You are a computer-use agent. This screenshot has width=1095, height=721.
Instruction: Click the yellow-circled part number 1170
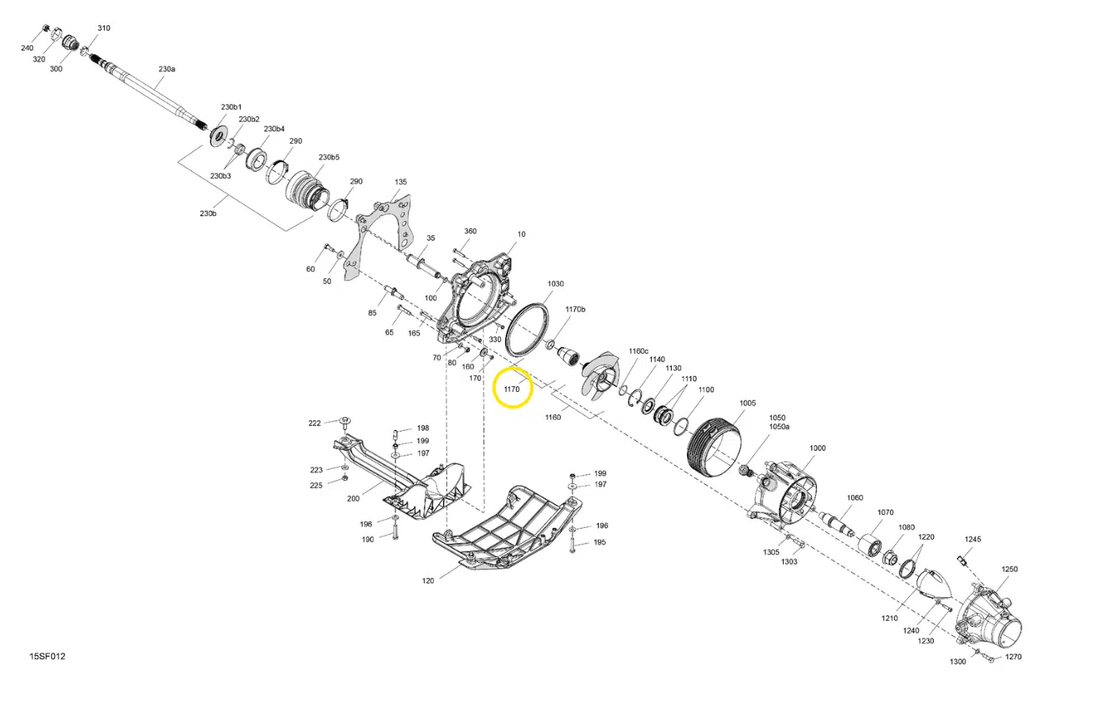(511, 390)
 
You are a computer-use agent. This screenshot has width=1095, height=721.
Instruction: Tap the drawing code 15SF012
(48, 657)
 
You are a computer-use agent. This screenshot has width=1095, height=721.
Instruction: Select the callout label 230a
(167, 69)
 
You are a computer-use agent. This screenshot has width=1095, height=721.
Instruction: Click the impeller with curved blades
(601, 375)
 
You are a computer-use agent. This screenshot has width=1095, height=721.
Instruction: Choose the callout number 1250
(1009, 569)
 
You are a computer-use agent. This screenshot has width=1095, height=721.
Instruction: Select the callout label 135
(400, 181)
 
